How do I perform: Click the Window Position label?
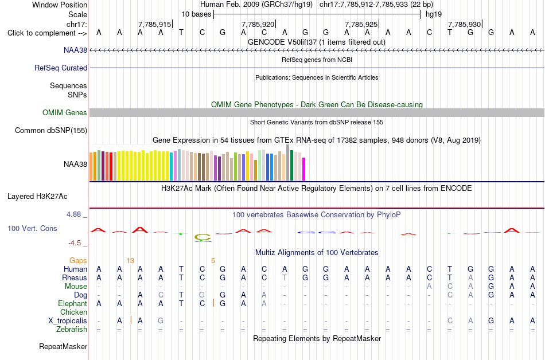tap(60, 5)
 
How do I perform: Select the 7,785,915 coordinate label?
tap(155, 24)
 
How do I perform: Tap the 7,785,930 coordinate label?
tap(464, 24)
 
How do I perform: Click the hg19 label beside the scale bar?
tap(434, 14)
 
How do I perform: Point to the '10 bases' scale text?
tap(196, 14)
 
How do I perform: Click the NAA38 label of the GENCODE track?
tap(75, 50)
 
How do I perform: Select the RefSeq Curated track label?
tap(61, 68)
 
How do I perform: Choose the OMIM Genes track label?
tap(65, 112)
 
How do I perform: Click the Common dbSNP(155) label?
tap(51, 131)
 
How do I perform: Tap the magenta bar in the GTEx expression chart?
tap(304, 169)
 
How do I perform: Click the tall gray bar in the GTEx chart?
tap(288, 162)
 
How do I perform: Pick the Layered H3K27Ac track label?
tap(37, 197)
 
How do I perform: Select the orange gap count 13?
tap(130, 261)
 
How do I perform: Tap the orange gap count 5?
tap(213, 261)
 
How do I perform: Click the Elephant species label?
tap(73, 304)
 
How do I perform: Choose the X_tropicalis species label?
tap(68, 321)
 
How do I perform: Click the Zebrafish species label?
tap(72, 329)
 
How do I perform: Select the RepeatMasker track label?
tap(63, 346)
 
